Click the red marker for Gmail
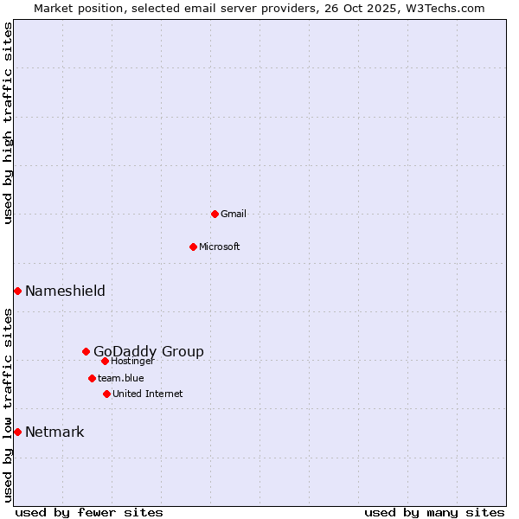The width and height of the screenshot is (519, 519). pyautogui.click(x=215, y=214)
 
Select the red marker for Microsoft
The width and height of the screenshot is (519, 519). pyautogui.click(x=193, y=247)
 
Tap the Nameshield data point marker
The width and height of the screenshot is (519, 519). pyautogui.click(x=17, y=291)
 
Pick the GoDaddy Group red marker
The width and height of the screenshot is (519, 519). pyautogui.click(x=86, y=351)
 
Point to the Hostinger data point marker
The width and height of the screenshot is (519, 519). pyautogui.click(x=105, y=361)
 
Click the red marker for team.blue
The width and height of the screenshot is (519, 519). pyautogui.click(x=92, y=378)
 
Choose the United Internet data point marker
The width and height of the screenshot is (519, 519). pyautogui.click(x=106, y=394)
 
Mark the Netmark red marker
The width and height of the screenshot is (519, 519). pyautogui.click(x=17, y=432)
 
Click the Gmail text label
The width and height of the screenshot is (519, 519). pyautogui.click(x=234, y=214)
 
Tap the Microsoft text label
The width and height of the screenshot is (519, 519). pyautogui.click(x=220, y=247)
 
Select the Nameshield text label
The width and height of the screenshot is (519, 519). pyautogui.click(x=65, y=291)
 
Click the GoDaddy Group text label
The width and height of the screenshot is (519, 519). pyautogui.click(x=149, y=351)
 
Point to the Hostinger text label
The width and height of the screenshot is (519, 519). pyautogui.click(x=133, y=361)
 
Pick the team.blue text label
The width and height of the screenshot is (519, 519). pyautogui.click(x=121, y=378)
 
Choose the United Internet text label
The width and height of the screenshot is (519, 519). pyautogui.click(x=148, y=394)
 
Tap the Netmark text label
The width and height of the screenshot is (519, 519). pyautogui.click(x=54, y=432)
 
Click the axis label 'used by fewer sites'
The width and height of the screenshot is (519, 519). pyautogui.click(x=89, y=512)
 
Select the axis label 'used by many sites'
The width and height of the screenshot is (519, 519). pyautogui.click(x=434, y=512)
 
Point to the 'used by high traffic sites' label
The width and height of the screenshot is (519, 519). pyautogui.click(x=8, y=123)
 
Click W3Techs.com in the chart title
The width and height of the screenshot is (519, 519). pyautogui.click(x=444, y=8)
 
